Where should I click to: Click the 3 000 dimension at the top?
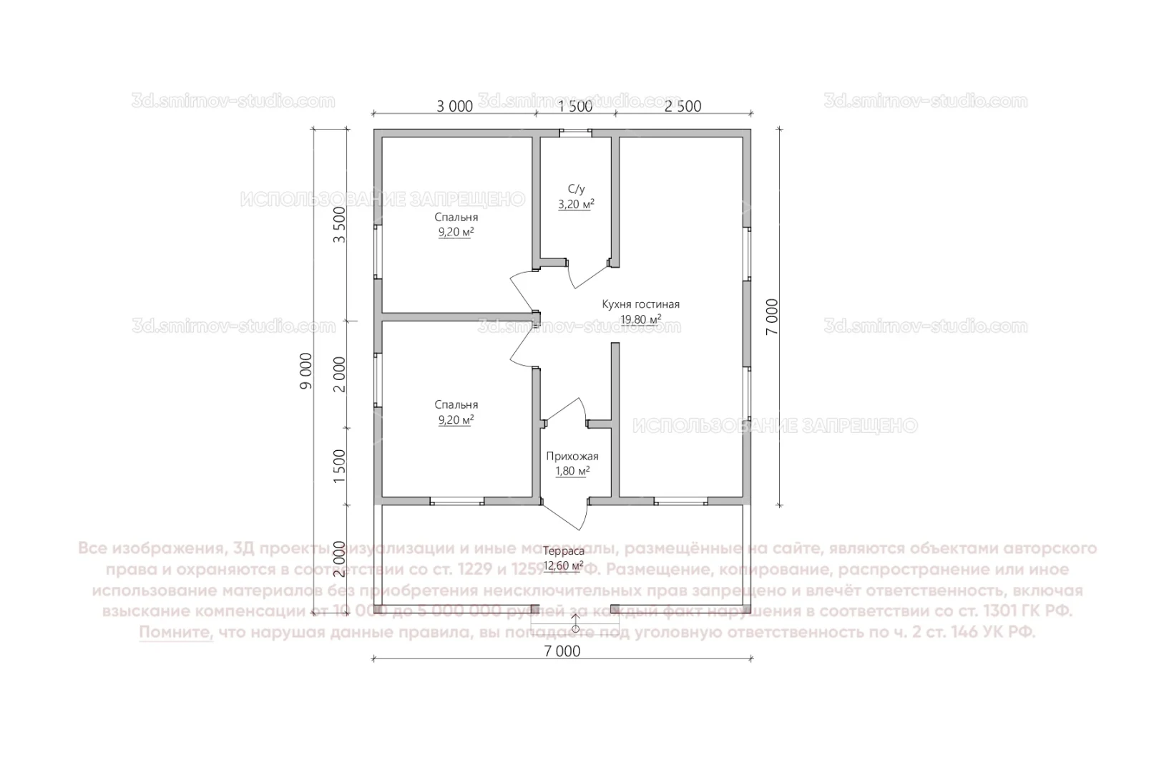(x=455, y=107)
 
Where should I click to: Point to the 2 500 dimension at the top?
(x=683, y=107)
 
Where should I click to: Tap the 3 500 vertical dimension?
(x=340, y=225)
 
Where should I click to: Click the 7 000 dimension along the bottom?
(x=562, y=651)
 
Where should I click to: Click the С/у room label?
(x=576, y=189)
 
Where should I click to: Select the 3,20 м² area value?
(x=576, y=204)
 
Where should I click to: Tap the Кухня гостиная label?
(x=640, y=304)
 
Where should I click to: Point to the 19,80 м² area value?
(x=640, y=319)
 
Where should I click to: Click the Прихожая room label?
(x=572, y=456)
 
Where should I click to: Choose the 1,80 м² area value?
(x=572, y=471)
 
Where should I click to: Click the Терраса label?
(x=563, y=551)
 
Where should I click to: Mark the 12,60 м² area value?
(x=563, y=566)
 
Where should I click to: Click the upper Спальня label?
(x=456, y=217)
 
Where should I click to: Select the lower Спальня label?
(x=456, y=404)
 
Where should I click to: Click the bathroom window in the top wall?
(x=575, y=132)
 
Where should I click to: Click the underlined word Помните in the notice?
(x=176, y=633)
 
